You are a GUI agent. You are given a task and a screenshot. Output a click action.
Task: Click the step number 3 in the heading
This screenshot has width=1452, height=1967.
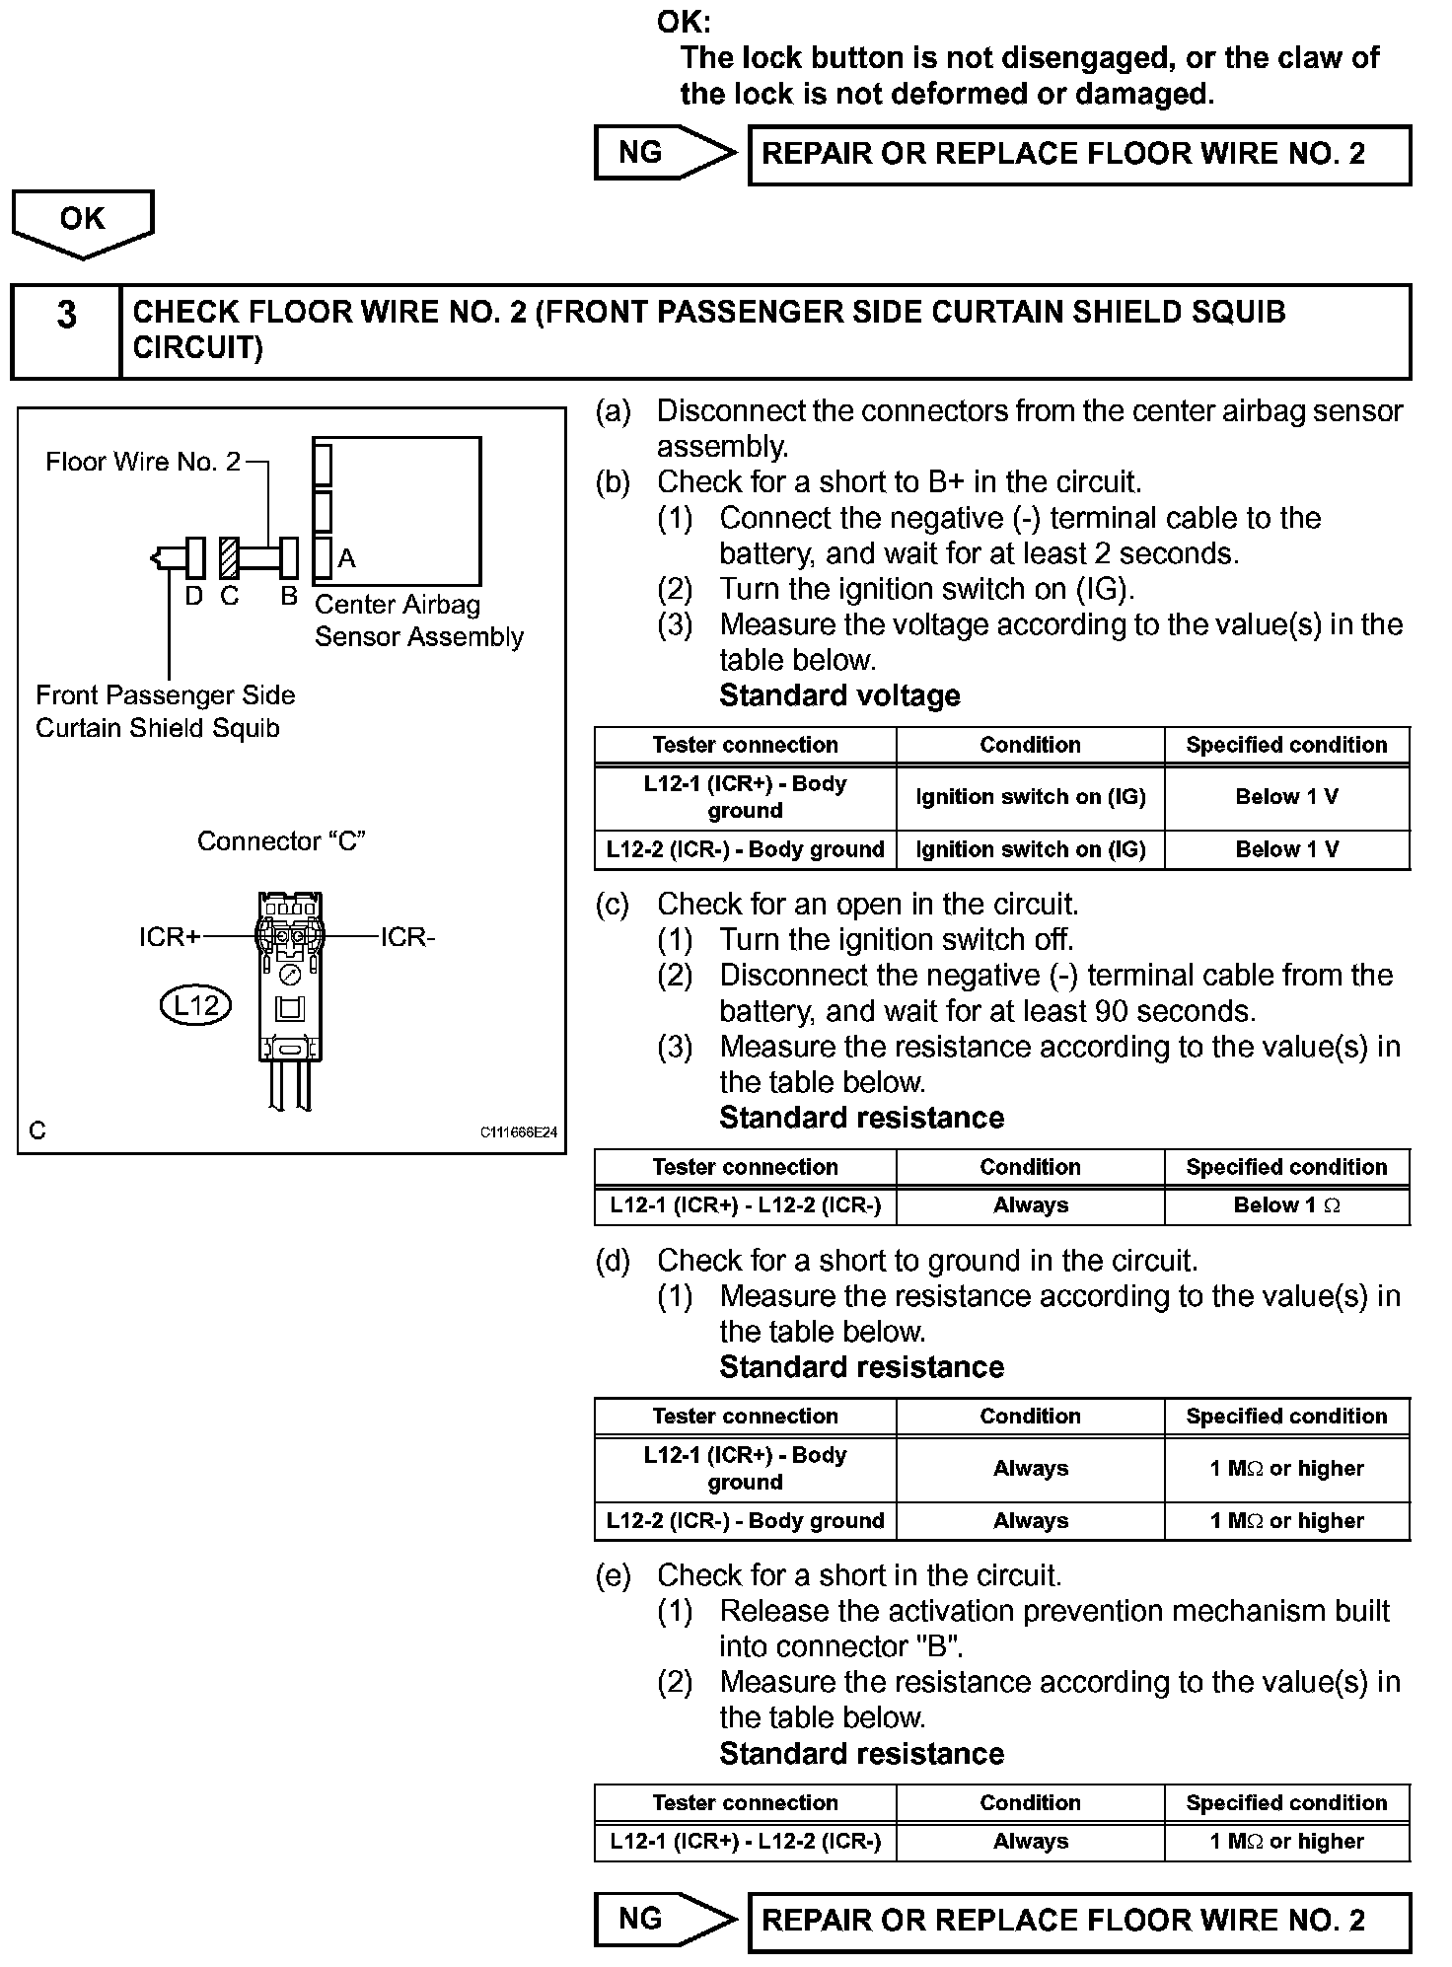point(66,316)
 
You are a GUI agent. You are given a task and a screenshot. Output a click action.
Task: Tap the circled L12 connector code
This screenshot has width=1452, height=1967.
point(195,1005)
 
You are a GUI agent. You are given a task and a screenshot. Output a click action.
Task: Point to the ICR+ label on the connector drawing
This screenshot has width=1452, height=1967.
point(169,937)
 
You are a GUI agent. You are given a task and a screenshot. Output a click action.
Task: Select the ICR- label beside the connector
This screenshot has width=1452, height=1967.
point(407,937)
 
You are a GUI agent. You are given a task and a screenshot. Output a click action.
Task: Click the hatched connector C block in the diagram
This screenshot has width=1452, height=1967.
point(229,558)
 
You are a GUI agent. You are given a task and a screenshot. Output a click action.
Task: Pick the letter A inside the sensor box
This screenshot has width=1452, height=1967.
point(346,559)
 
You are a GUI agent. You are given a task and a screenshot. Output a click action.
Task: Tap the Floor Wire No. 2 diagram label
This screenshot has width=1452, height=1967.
point(143,462)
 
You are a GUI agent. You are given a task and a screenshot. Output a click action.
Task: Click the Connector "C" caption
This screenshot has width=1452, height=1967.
point(281,841)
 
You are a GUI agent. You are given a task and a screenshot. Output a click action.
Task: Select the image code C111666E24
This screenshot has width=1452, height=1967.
point(518,1132)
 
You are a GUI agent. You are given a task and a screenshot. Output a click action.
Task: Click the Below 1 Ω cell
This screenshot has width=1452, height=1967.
point(1286,1205)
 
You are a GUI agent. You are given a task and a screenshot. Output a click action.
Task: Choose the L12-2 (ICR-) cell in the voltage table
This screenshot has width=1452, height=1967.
point(745,849)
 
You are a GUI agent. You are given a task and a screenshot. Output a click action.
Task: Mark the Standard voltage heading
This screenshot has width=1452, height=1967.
point(839,695)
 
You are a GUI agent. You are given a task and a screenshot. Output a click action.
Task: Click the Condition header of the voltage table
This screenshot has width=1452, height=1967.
point(1030,745)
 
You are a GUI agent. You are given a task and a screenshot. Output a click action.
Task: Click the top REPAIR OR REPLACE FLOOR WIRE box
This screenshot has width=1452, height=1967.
point(1079,154)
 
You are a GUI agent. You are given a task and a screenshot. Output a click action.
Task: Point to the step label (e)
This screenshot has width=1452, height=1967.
point(613,1575)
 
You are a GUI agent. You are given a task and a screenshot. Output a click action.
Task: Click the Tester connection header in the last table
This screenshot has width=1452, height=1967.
point(745,1802)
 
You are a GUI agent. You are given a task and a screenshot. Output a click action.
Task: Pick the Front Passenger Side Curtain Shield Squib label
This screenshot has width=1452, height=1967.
point(165,711)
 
